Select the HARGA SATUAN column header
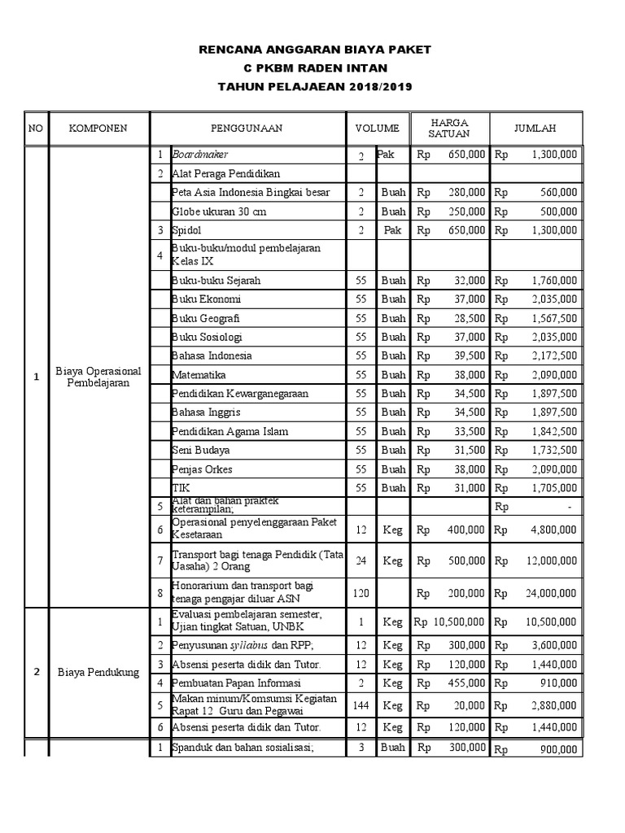pyautogui.click(x=450, y=129)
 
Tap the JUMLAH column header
pyautogui.click(x=535, y=129)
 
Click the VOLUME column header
pyautogui.click(x=377, y=129)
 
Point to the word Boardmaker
pyautogui.click(x=199, y=154)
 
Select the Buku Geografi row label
pyautogui.click(x=205, y=318)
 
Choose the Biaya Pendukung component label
pyautogui.click(x=98, y=673)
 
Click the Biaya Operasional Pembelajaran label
pyautogui.click(x=98, y=376)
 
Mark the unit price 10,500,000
pyautogui.click(x=457, y=622)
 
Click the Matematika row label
pyautogui.click(x=199, y=375)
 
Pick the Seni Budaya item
pyautogui.click(x=200, y=450)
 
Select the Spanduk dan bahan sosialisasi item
pyautogui.click(x=231, y=748)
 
